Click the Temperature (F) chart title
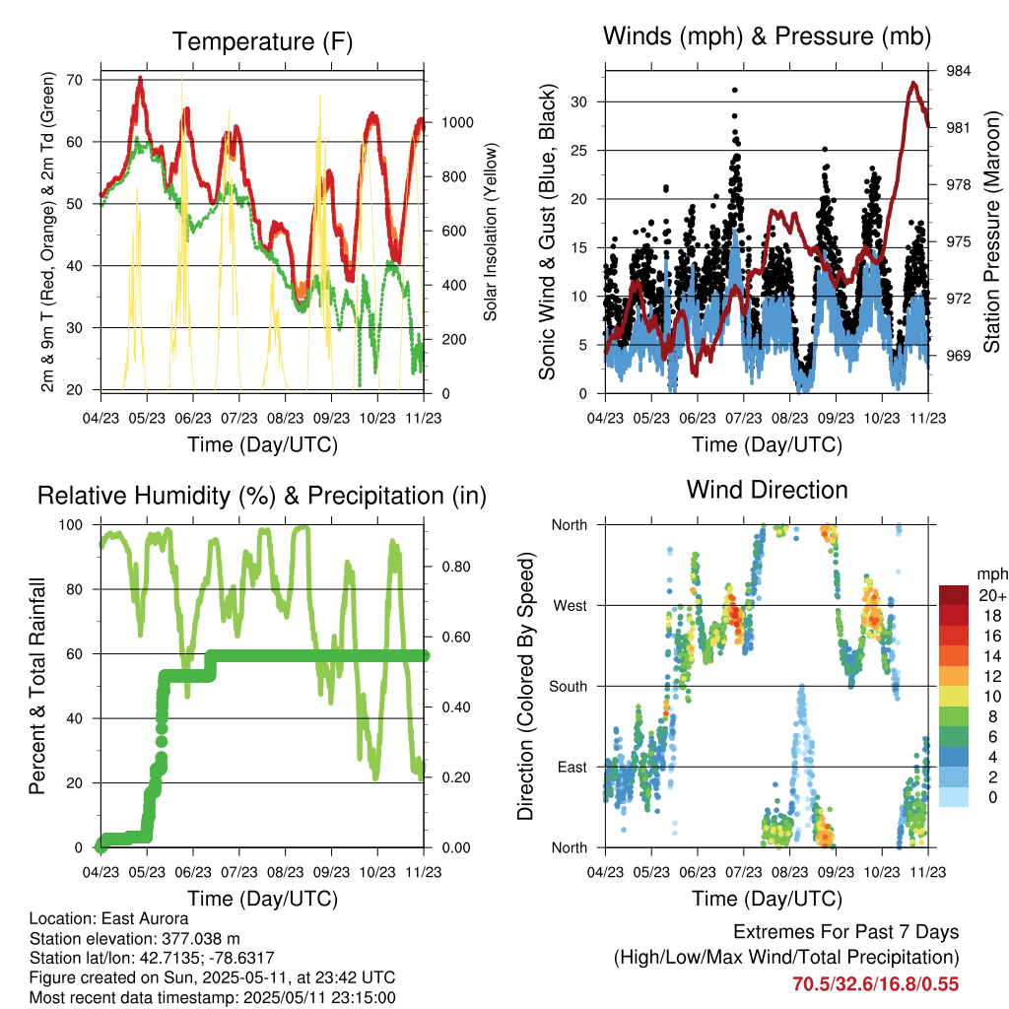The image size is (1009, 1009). pos(262,41)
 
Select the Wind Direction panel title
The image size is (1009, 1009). pos(767,490)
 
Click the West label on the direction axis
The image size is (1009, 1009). pos(569,605)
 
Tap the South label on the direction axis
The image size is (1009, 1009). pos(567,686)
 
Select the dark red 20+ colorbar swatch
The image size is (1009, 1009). pos(954,595)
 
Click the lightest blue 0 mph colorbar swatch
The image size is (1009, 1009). pos(954,798)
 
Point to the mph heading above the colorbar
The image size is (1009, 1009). pos(990,573)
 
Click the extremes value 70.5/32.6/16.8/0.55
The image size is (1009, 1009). pos(875,983)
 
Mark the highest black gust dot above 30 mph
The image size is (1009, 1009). pos(735,90)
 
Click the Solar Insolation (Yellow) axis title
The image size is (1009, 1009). pos(490,232)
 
